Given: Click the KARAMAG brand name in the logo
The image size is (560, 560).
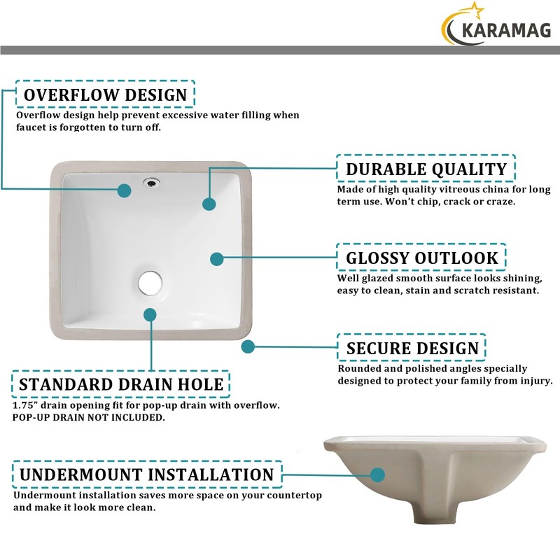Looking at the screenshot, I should [503, 29].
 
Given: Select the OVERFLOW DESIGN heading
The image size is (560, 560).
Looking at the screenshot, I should [105, 94].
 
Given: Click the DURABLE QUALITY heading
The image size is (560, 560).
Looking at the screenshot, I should [426, 169].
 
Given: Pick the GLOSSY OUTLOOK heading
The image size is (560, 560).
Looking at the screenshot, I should [422, 258].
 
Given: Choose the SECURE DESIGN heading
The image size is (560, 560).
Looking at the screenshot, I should [412, 348].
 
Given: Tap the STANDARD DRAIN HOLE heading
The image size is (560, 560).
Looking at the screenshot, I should [121, 384].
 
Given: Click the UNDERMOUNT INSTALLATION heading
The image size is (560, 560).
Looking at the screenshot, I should [146, 474].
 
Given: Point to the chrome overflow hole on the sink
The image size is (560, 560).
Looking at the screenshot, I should [150, 183].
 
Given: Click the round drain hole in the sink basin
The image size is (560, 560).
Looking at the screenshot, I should [150, 282].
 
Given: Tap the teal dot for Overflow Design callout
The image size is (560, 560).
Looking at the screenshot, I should [125, 190].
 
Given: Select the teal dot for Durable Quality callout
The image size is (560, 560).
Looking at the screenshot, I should [209, 204].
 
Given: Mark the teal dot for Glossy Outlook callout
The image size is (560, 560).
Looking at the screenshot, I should [217, 259].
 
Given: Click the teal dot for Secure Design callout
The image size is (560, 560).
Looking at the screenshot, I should [248, 346].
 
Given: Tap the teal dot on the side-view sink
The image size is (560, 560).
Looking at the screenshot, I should [378, 475].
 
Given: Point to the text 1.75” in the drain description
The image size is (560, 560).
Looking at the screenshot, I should [27, 405].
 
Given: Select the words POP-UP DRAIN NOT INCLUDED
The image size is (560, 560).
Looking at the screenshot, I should [89, 418].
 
